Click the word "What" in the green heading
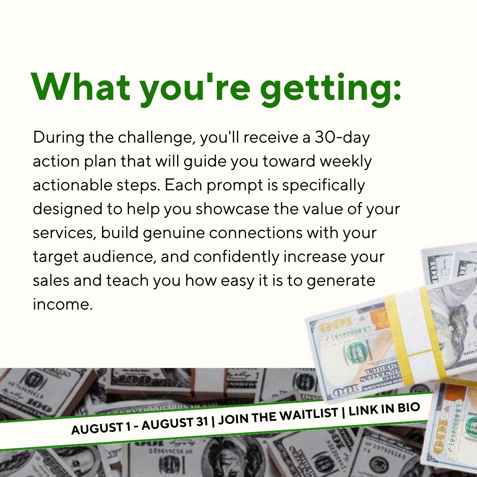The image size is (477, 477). click(x=81, y=87)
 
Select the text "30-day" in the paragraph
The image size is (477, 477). click(x=342, y=137)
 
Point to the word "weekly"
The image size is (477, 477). click(x=345, y=161)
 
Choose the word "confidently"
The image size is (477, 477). click(x=236, y=257)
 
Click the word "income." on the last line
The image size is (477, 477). click(x=62, y=304)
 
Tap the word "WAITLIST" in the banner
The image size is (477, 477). click(x=308, y=414)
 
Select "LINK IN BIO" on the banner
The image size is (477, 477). click(x=384, y=409)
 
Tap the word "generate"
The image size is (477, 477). click(x=341, y=281)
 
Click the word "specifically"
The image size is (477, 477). click(x=323, y=185)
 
